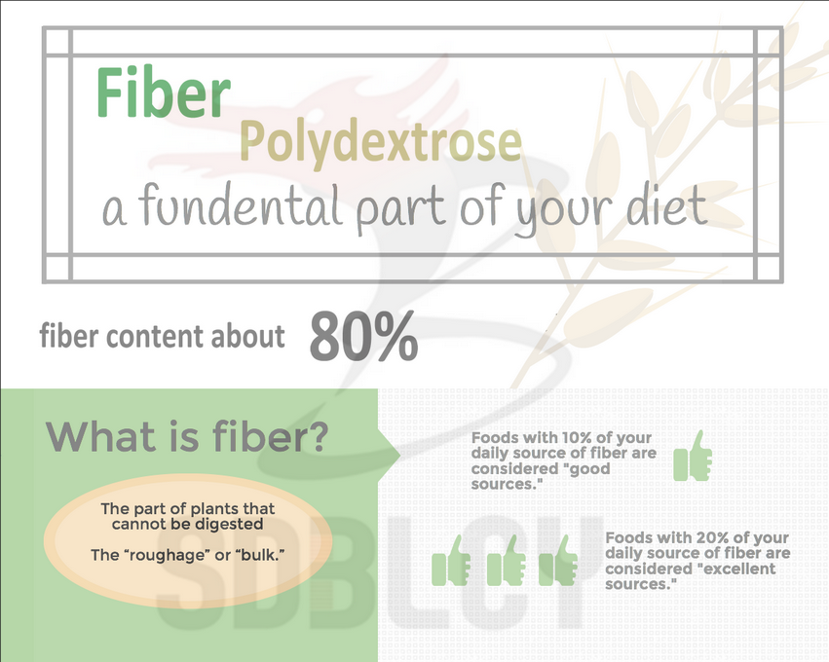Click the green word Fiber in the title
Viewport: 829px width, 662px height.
click(x=164, y=92)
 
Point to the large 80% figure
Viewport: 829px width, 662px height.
click(x=363, y=336)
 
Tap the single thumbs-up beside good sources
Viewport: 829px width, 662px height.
click(x=694, y=456)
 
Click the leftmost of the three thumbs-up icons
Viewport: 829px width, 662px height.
click(x=451, y=561)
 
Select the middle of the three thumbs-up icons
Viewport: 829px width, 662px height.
click(x=506, y=561)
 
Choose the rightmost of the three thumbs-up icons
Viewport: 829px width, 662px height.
click(x=558, y=561)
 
